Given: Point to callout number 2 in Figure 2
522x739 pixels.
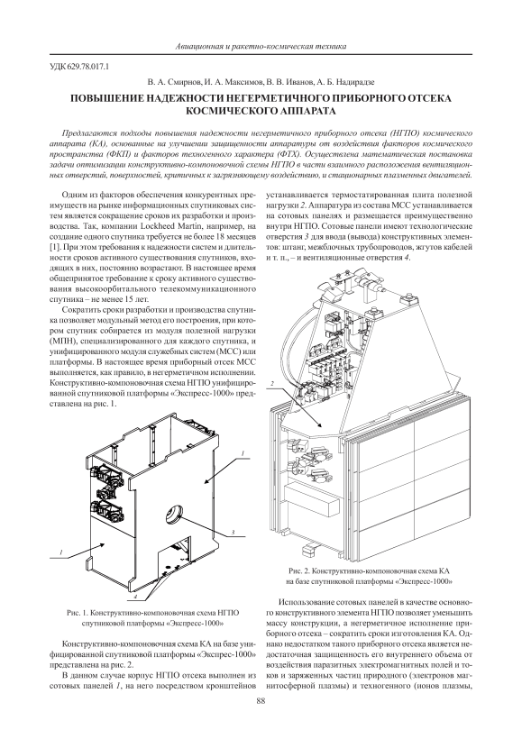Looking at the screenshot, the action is point(272,384).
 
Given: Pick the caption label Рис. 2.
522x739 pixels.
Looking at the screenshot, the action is point(301,570).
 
